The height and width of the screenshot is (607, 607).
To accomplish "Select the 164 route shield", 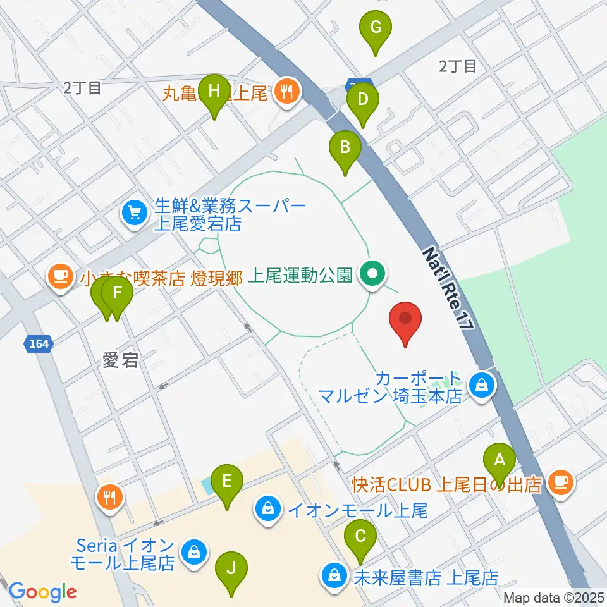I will point(39,344).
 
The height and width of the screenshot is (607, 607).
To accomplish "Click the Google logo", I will point(42,592).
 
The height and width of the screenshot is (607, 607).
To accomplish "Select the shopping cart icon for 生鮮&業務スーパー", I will point(134,212).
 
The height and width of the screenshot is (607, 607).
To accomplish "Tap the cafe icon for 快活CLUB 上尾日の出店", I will point(558,482).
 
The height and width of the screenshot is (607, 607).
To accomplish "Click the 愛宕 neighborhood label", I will point(120,361).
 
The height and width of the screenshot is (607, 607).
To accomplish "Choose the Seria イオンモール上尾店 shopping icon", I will point(192,552).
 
